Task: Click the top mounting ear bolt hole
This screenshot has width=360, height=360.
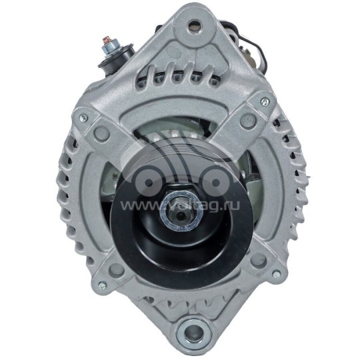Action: coord(194,26)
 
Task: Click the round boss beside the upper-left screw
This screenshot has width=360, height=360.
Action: coord(102,133)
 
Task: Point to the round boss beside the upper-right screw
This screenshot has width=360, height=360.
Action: coord(247,120)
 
